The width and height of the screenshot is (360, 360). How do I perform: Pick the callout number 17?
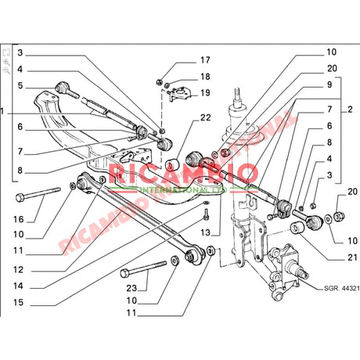(x=206, y=59)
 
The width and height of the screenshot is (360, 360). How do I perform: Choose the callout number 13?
(x=204, y=232)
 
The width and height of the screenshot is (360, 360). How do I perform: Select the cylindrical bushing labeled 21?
(x=297, y=228)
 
